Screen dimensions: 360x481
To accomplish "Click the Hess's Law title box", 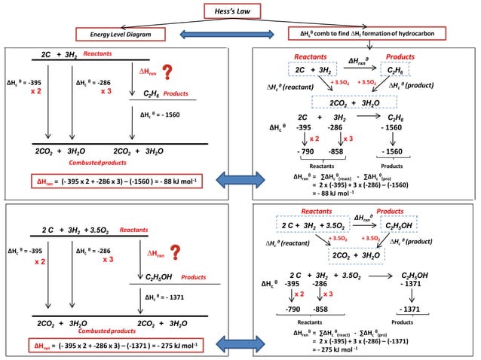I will (240, 11).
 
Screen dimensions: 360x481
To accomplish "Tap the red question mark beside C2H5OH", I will (177, 255).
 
